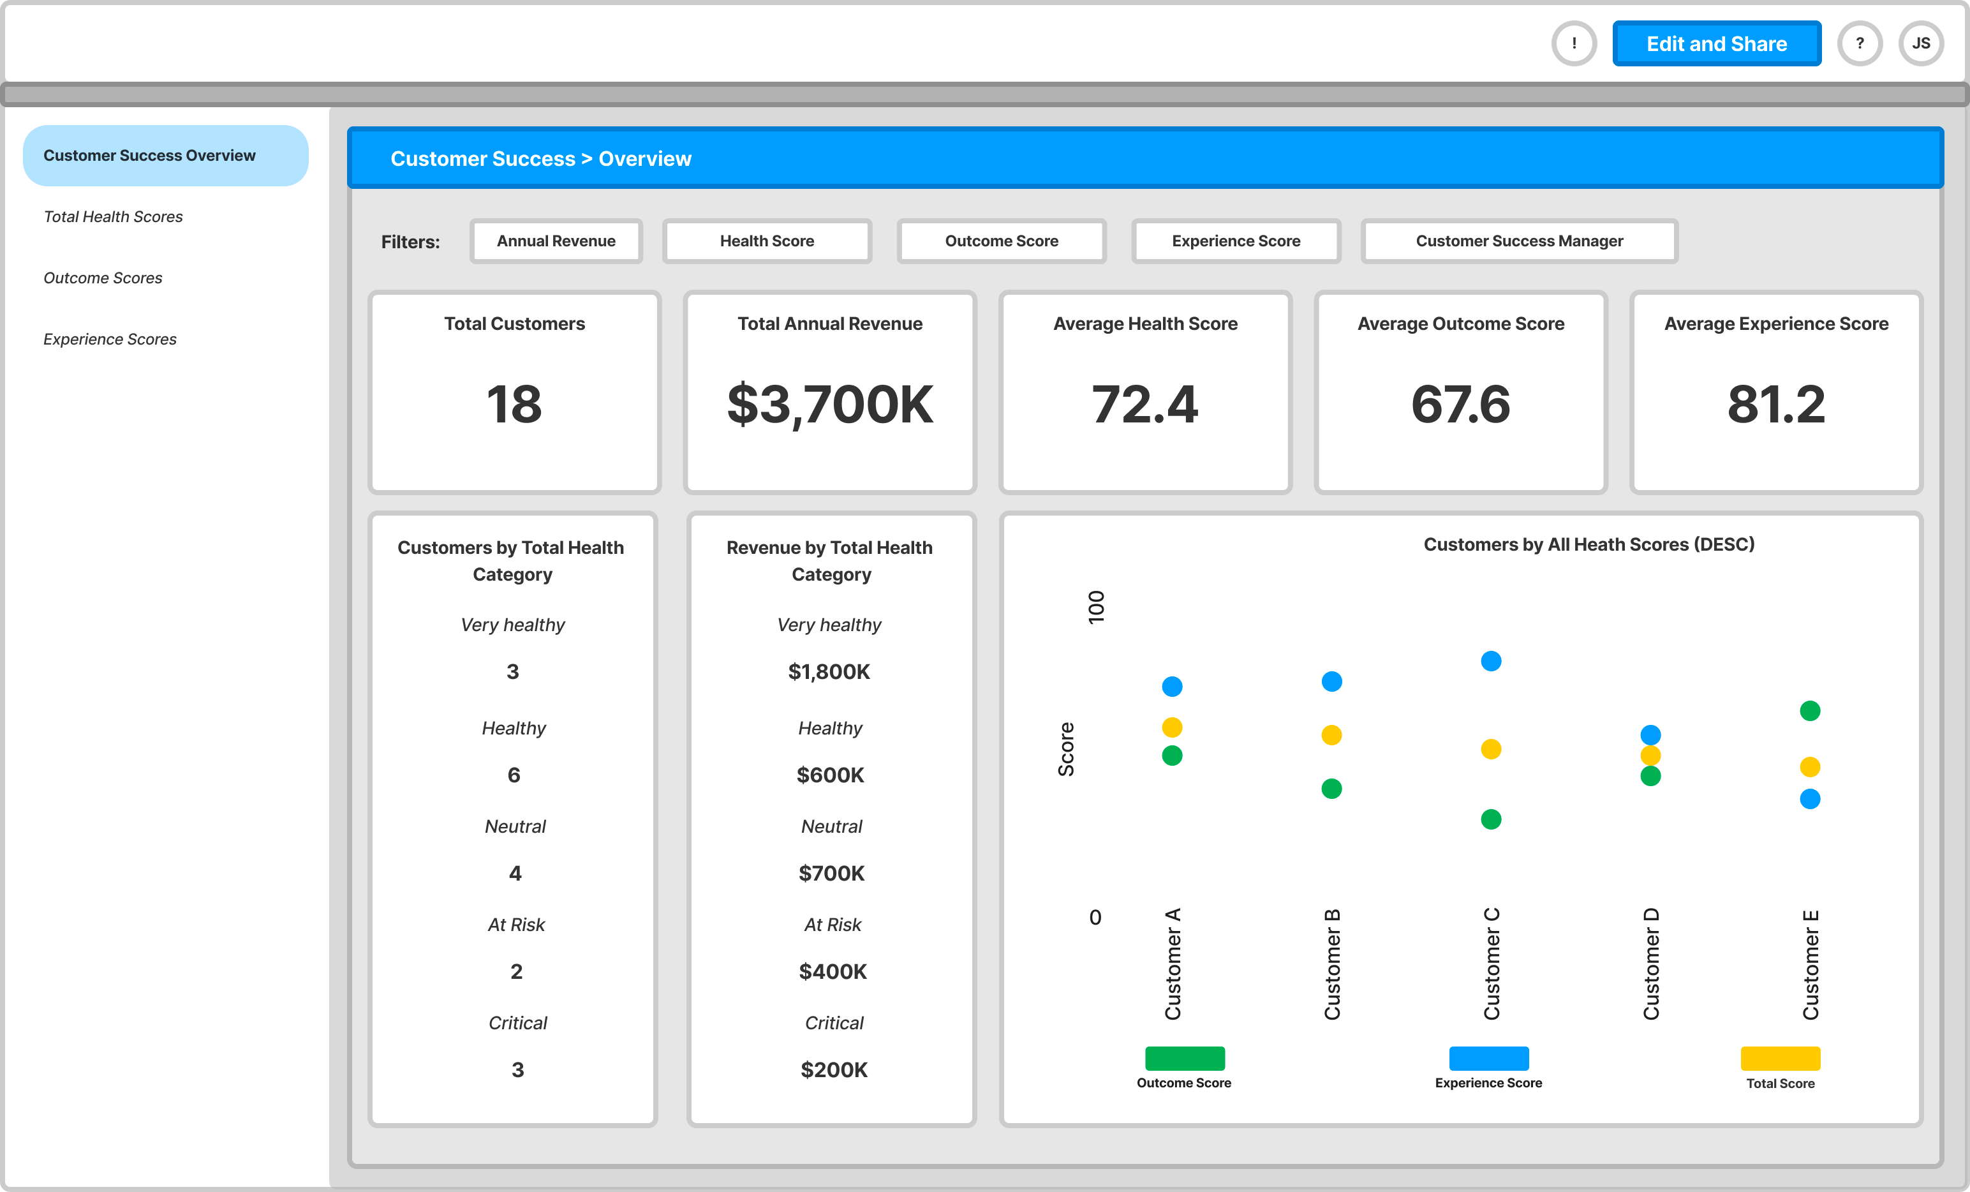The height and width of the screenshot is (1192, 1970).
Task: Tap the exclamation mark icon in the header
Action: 1573,43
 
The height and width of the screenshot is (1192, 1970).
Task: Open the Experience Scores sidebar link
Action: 110,339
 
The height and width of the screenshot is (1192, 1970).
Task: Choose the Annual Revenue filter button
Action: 556,241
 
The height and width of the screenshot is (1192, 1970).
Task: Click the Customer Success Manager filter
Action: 1518,241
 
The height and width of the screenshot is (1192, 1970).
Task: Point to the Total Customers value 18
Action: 514,404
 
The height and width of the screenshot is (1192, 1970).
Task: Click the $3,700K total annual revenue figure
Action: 830,404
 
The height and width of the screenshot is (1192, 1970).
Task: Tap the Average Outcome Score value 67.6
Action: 1460,404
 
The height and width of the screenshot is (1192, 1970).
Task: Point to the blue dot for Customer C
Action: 1490,661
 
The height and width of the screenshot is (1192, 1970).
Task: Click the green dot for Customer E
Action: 1809,711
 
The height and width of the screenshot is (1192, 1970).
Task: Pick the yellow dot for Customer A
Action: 1171,727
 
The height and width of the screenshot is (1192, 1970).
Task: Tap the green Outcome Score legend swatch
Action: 1184,1058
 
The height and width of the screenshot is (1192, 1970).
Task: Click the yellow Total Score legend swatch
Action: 1780,1058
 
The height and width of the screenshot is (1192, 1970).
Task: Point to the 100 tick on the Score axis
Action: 1095,607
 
